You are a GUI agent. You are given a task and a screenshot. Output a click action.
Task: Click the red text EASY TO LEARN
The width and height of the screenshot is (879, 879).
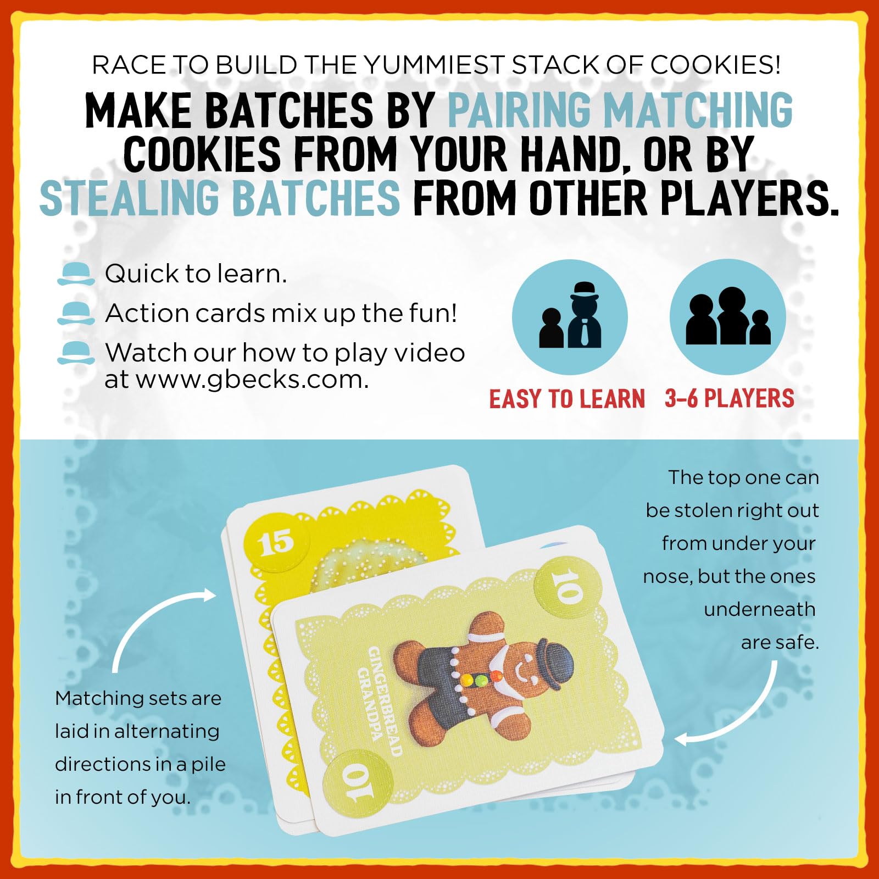(x=567, y=399)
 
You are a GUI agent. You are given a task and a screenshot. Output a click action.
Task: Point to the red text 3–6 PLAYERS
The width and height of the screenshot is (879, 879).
(x=729, y=398)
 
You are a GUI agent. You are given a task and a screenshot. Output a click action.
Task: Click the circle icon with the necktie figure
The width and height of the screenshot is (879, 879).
(x=570, y=317)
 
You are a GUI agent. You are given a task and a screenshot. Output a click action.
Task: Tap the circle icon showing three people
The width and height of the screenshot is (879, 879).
(x=727, y=317)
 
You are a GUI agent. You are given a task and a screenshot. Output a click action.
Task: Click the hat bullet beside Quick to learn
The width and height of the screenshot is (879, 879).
(x=76, y=274)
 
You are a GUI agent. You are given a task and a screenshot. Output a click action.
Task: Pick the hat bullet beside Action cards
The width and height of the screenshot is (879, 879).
(x=76, y=313)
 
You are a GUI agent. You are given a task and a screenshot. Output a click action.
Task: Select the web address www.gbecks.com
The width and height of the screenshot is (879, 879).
(x=252, y=380)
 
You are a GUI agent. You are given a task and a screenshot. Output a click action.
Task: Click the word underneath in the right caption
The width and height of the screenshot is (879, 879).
(x=759, y=609)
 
